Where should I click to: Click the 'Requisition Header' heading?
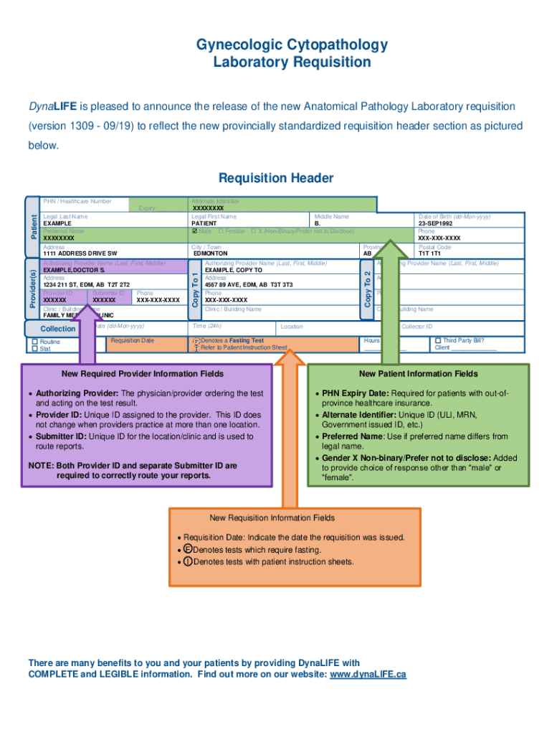276,177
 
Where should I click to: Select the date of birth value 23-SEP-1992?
435,223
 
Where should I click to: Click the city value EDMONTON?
210,253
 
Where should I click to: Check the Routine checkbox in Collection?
34,342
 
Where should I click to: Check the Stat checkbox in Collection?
34,349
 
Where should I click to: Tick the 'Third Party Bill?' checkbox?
438,340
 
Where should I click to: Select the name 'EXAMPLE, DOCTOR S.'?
75,270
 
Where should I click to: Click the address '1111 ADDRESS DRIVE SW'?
80,253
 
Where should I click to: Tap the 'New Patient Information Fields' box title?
418,374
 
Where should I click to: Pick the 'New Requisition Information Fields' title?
272,518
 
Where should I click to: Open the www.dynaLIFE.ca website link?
368,675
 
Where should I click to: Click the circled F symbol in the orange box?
188,550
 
